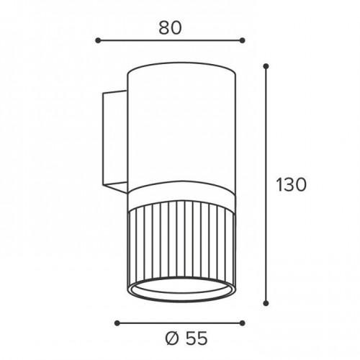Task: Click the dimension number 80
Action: (170, 27)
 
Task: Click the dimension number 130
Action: (292, 184)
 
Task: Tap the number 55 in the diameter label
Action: (196, 338)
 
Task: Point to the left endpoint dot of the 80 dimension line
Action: (98, 40)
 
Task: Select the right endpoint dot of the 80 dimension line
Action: (243, 40)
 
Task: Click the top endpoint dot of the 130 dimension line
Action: (266, 66)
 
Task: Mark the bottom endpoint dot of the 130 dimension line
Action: (266, 303)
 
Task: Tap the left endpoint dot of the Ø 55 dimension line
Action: (117, 323)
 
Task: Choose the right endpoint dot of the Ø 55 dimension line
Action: (243, 323)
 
